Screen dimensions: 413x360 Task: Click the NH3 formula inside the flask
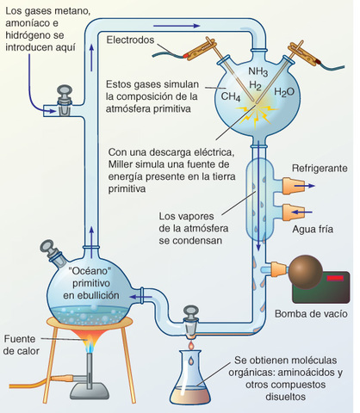pyautogui.click(x=258, y=71)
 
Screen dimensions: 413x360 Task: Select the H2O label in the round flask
pyautogui.click(x=284, y=92)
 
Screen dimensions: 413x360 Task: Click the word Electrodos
pyautogui.click(x=138, y=40)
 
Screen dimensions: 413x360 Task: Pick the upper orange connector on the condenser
pyautogui.click(x=289, y=182)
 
